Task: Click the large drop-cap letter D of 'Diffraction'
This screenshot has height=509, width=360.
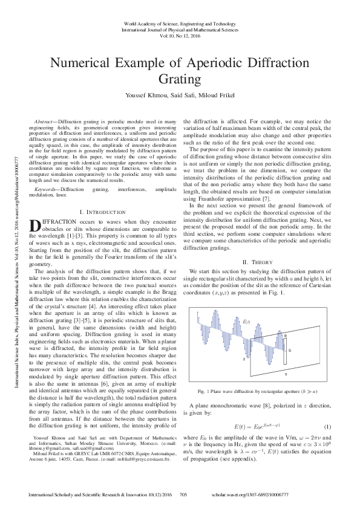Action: click(34, 225)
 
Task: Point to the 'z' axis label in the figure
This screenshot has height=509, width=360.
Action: click(243, 358)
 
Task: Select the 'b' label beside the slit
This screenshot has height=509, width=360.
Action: click(290, 350)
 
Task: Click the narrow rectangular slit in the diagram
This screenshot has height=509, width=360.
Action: click(284, 351)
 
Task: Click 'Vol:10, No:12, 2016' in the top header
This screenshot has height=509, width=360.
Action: click(180, 36)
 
